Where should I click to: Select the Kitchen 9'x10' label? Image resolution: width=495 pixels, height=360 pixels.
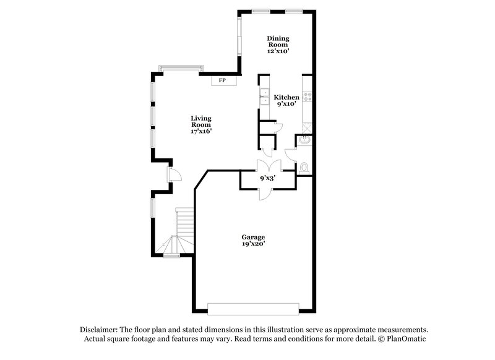(x=286, y=100)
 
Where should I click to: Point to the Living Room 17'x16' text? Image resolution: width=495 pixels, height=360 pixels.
(x=201, y=124)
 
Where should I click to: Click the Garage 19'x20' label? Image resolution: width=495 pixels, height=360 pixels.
(x=253, y=241)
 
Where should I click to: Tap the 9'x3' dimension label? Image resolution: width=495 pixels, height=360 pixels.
(x=267, y=178)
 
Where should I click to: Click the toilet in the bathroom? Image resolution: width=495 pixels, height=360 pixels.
(x=304, y=167)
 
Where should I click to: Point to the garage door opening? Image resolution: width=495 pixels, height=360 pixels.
(x=253, y=307)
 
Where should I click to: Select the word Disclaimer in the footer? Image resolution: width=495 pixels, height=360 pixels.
(x=99, y=330)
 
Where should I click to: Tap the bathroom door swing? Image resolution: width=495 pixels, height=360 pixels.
(x=290, y=155)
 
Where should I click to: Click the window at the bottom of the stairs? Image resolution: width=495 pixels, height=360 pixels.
(x=171, y=255)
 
